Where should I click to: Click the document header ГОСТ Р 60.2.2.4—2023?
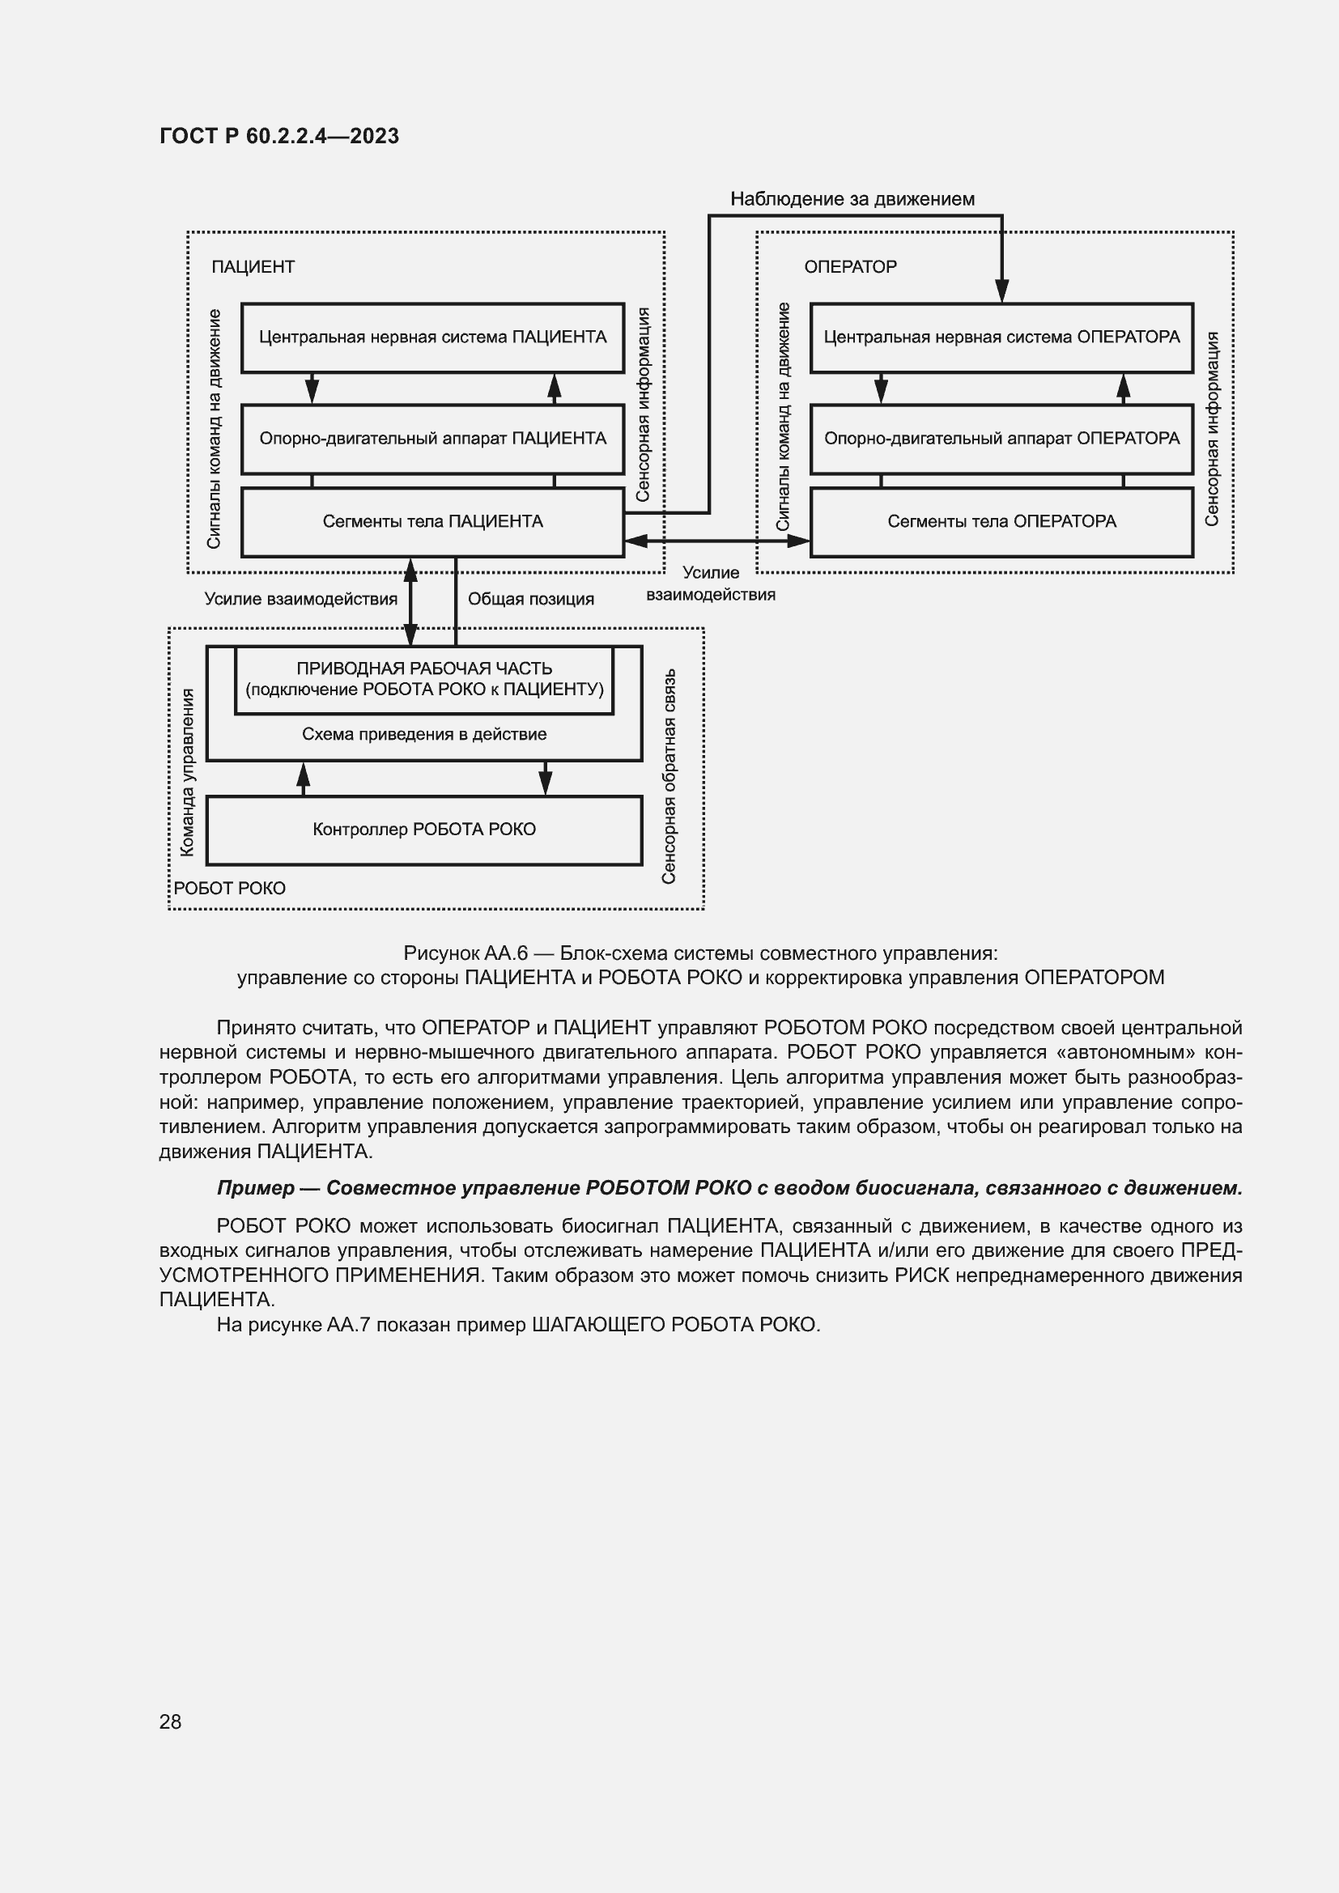pyautogui.click(x=278, y=136)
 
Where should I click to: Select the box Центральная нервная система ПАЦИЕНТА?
pyautogui.click(x=432, y=337)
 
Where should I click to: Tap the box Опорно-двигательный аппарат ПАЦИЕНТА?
pyautogui.click(x=432, y=439)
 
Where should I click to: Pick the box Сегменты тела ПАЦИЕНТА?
pyautogui.click(x=432, y=522)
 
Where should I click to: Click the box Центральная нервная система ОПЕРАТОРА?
pyautogui.click(x=1001, y=337)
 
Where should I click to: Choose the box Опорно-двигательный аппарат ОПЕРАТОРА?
pyautogui.click(x=1001, y=439)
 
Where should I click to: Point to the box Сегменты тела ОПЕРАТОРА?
pyautogui.click(x=1001, y=522)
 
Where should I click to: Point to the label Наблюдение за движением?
pyautogui.click(x=852, y=199)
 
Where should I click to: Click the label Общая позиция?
pyautogui.click(x=531, y=600)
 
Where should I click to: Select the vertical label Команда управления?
pyautogui.click(x=188, y=773)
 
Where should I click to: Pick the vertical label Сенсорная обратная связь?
pyautogui.click(x=669, y=776)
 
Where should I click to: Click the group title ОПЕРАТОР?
pyautogui.click(x=850, y=267)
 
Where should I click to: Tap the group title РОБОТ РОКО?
pyautogui.click(x=229, y=889)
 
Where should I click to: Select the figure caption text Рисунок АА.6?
pyautogui.click(x=465, y=954)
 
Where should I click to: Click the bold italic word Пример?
pyautogui.click(x=255, y=1188)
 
